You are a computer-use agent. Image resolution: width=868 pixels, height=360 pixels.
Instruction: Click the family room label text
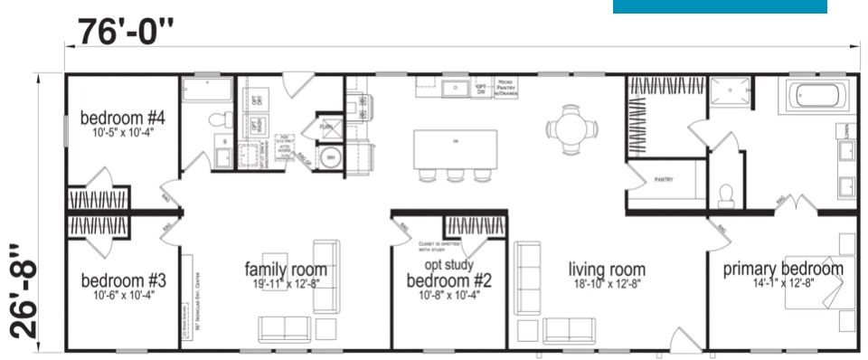(x=286, y=270)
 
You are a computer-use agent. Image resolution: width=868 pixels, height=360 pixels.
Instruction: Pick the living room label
(x=607, y=269)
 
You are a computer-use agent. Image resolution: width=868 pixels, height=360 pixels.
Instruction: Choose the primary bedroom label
(x=783, y=269)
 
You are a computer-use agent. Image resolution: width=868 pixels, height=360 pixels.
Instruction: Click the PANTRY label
(x=664, y=180)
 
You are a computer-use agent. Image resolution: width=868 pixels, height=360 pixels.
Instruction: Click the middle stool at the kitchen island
(x=455, y=174)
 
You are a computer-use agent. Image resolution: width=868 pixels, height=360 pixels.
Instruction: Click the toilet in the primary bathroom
(x=723, y=193)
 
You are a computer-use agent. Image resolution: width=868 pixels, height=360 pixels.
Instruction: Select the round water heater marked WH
(x=330, y=157)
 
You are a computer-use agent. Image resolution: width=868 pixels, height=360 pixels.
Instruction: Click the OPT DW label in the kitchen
(x=482, y=89)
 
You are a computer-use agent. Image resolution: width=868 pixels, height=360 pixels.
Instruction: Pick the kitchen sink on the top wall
(x=449, y=89)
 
